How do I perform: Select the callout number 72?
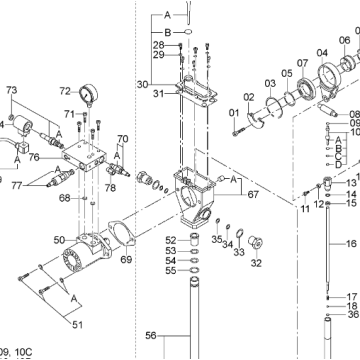point(65,90)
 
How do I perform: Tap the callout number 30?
point(143,83)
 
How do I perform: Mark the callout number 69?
point(126,260)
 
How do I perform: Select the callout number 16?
point(351,243)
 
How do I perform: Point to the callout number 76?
point(34,156)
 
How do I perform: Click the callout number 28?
point(158,46)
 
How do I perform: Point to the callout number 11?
point(305,208)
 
